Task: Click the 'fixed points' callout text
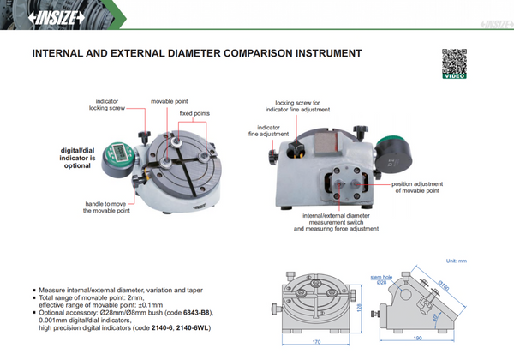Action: [194, 113]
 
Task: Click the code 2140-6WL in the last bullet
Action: [194, 327]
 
